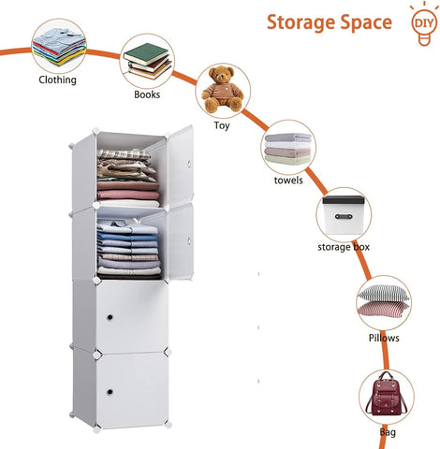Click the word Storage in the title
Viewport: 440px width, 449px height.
301,22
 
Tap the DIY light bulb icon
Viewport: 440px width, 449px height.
424,24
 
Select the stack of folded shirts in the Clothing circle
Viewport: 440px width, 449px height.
59,46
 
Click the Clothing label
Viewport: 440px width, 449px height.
57,80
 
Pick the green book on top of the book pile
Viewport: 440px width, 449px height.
146,54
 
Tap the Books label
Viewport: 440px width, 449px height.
147,94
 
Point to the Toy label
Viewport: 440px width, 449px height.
222,125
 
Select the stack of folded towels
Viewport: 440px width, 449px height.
288,149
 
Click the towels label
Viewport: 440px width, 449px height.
288,181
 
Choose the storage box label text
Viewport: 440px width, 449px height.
344,247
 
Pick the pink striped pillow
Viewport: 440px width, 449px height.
383,309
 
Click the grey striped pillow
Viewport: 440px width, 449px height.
383,293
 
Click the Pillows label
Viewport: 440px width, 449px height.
384,338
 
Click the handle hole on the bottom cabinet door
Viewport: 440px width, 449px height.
110,392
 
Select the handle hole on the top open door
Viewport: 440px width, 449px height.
188,164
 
